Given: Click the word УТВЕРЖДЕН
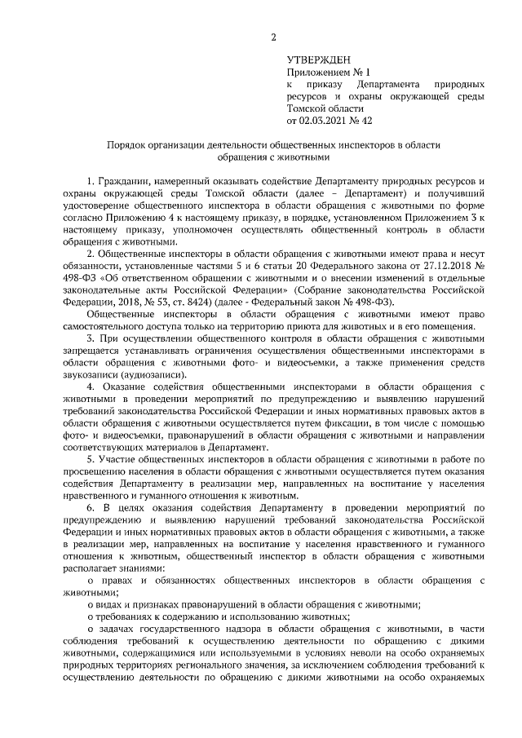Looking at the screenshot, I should click(318, 60).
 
